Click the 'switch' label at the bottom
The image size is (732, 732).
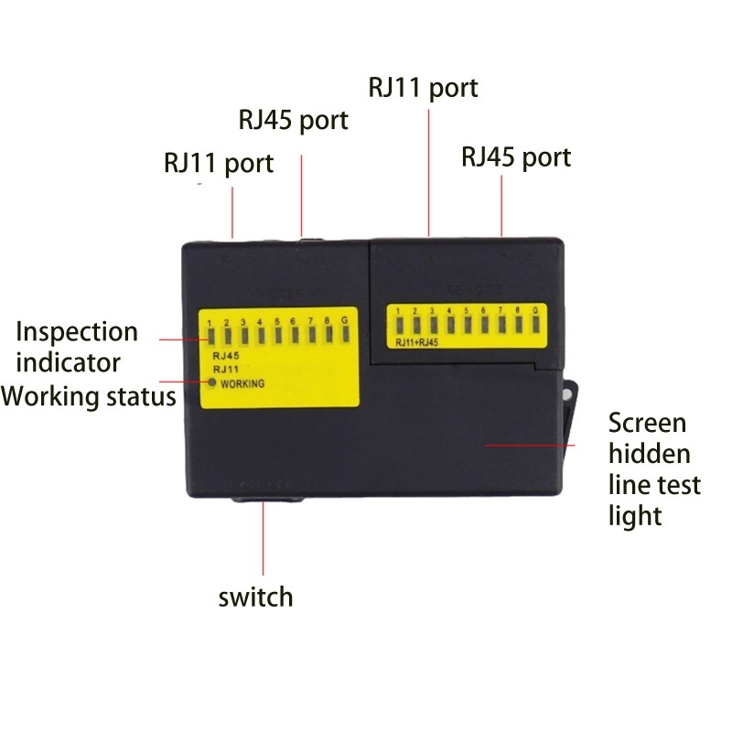point(255,597)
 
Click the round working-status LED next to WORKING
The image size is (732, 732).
point(211,382)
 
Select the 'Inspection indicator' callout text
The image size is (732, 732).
point(78,347)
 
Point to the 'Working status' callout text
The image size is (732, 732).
point(89,397)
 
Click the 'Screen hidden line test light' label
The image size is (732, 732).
point(653,469)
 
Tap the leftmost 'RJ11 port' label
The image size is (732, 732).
point(219,164)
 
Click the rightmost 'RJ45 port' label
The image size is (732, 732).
point(516,157)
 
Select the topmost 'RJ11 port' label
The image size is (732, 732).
point(423,88)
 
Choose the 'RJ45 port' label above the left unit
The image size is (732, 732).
point(293,120)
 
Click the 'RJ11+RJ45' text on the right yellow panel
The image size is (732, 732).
point(418,344)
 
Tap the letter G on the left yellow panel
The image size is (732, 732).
point(344,322)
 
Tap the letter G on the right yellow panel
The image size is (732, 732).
point(534,312)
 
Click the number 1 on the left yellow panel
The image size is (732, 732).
point(210,322)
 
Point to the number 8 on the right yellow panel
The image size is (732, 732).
point(517,312)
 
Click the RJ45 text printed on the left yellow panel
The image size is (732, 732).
point(225,355)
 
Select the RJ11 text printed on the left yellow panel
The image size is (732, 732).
point(225,369)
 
